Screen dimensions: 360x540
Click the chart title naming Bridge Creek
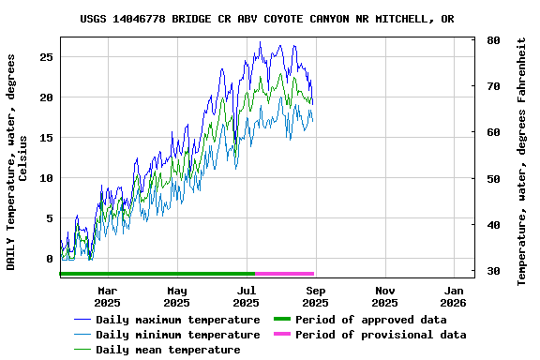[267, 19]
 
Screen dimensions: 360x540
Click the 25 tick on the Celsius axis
[45, 57]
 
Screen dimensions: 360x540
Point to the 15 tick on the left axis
[45, 138]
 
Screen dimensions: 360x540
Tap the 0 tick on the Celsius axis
[49, 259]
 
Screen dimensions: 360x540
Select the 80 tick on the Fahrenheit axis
[492, 41]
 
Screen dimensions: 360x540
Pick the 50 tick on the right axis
[492, 179]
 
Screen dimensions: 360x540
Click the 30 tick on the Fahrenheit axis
[492, 271]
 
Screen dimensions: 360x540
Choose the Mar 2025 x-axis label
[107, 296]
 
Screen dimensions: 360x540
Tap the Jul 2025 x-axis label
[246, 296]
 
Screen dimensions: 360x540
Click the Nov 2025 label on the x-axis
[384, 296]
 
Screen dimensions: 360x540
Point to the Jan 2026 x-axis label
[454, 296]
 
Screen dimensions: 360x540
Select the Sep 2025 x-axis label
[315, 296]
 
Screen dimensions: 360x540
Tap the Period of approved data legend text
[370, 320]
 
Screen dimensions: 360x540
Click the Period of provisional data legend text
[381, 335]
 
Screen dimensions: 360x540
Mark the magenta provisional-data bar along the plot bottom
[284, 274]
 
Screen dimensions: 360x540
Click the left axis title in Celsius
[17, 161]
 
